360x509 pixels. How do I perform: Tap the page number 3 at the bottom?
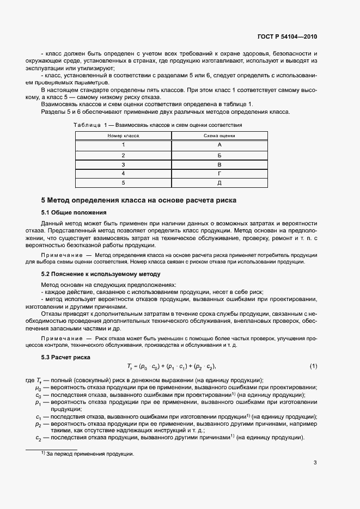point(315,463)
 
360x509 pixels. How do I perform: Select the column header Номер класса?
point(124,135)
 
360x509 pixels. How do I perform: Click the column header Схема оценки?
point(219,135)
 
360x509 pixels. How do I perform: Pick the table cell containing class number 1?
point(124,145)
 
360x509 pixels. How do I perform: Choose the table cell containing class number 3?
point(124,164)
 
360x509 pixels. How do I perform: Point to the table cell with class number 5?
point(124,183)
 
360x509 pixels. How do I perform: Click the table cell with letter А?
point(219,145)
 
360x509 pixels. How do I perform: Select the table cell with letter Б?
point(219,155)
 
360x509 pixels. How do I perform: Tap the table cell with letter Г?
point(219,174)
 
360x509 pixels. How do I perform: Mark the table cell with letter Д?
point(219,183)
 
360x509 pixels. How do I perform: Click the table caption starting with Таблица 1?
point(158,125)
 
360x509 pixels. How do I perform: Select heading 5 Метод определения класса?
point(139,200)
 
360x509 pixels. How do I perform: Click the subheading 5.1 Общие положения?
point(74,212)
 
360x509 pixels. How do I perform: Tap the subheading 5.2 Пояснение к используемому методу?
point(101,273)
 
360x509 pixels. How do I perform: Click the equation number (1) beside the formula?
point(313,366)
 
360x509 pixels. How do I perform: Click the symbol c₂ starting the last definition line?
point(39,438)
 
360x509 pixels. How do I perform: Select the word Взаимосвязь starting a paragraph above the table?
point(59,103)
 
